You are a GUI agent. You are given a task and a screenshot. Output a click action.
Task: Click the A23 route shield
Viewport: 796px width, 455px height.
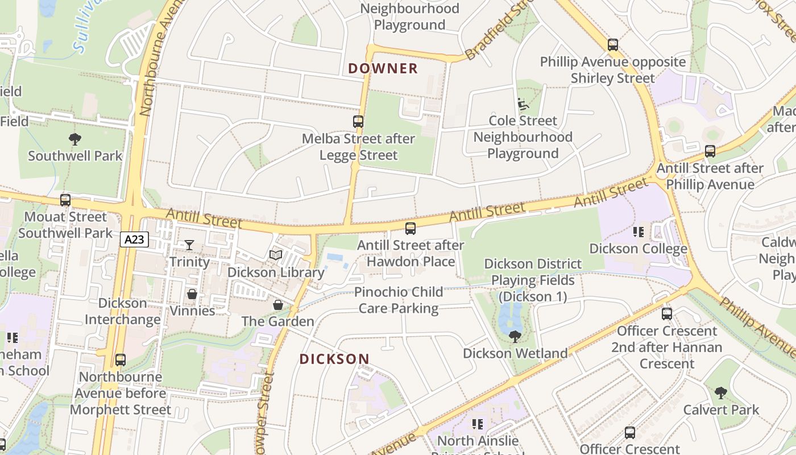click(x=134, y=239)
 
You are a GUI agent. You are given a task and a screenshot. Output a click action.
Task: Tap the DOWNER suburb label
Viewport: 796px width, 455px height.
click(x=383, y=69)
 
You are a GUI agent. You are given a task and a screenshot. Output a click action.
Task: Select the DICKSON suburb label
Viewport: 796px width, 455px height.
click(x=334, y=359)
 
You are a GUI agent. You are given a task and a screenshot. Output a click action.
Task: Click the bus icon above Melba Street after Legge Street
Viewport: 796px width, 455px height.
click(x=358, y=121)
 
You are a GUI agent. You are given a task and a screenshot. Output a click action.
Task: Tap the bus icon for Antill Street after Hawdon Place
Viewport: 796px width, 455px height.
click(x=410, y=229)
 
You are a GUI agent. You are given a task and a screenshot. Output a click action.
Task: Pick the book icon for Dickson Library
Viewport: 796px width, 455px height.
click(x=276, y=255)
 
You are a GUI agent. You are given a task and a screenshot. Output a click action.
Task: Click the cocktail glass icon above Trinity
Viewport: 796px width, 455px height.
click(x=189, y=245)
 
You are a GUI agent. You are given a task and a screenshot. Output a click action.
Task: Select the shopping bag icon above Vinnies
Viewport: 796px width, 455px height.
click(x=192, y=294)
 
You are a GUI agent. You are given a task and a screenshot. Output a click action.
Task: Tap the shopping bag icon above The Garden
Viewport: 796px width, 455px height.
click(x=278, y=305)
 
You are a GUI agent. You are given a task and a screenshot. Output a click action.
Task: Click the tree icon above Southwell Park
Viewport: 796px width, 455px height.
click(x=74, y=139)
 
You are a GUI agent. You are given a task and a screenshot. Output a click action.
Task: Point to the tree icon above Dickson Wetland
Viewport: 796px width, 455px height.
click(x=515, y=337)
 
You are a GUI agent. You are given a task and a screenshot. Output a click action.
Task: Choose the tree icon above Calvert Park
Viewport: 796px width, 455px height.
click(x=721, y=393)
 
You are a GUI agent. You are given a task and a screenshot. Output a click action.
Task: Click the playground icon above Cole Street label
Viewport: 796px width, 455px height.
click(x=523, y=104)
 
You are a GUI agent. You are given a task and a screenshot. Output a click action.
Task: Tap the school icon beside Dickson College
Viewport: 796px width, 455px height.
click(x=638, y=232)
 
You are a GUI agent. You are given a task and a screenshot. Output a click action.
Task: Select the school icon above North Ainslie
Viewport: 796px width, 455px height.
click(x=478, y=424)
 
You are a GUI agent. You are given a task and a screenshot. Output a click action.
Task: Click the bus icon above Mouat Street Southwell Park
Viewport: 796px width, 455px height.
click(x=65, y=200)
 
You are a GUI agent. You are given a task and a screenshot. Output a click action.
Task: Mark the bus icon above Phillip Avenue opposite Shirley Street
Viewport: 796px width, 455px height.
click(x=612, y=45)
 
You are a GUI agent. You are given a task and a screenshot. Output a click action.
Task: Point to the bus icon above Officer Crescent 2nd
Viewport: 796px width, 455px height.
click(x=667, y=314)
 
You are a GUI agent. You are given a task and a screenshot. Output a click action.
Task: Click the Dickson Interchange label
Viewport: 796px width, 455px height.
click(x=123, y=311)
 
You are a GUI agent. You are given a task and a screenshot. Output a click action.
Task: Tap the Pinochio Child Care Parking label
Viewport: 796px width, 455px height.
click(x=399, y=300)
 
